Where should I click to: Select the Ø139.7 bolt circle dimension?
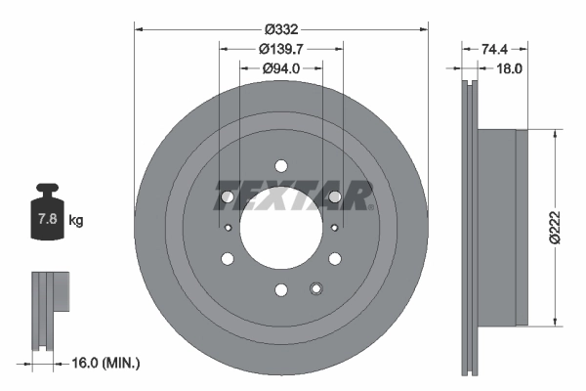pos(280,49)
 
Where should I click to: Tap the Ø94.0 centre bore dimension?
pos(280,68)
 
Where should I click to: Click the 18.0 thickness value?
pos(511,68)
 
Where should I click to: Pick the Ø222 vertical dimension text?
pos(554,227)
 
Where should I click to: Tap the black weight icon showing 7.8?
pos(46,216)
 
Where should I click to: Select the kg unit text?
pos(76,221)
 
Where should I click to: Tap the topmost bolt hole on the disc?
pos(281,165)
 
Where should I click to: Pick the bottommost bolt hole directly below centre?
pos(281,289)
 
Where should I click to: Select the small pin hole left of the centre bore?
pos(228,228)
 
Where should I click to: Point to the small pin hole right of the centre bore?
pos(334,228)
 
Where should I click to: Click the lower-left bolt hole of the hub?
pos(228,258)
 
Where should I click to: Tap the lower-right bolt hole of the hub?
pos(335,258)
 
